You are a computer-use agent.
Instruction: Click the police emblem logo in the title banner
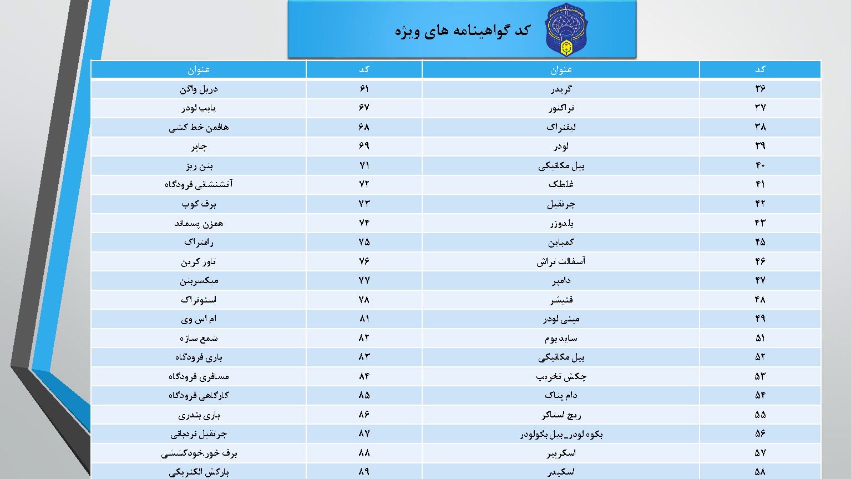[x=566, y=30]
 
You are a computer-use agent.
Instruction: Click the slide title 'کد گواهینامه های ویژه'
[x=462, y=31]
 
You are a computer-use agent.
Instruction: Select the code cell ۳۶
[x=759, y=89]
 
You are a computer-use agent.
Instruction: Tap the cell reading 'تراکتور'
[x=561, y=108]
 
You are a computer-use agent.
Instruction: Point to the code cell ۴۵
[x=759, y=242]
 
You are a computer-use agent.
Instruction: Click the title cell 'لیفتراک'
[x=561, y=127]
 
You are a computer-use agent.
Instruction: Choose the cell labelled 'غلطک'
[x=561, y=184]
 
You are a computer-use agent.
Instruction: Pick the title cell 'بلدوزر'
[x=561, y=223]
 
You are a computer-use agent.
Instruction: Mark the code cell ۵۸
[x=759, y=471]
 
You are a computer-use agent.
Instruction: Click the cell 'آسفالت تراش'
[x=561, y=261]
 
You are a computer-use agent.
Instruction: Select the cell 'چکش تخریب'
[x=561, y=376]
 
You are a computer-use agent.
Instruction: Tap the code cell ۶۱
[x=364, y=89]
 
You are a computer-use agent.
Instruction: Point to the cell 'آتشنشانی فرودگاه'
[x=199, y=184]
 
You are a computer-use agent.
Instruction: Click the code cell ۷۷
[x=364, y=280]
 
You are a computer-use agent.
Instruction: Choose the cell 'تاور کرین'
[x=199, y=261]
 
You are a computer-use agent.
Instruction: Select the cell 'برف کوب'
[x=199, y=204]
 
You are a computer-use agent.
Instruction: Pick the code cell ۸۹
[x=364, y=471]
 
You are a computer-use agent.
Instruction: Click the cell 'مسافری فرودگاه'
[x=199, y=376]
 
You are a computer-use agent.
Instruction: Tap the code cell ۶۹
[x=364, y=146]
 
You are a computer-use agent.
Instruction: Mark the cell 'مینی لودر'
[x=561, y=319]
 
